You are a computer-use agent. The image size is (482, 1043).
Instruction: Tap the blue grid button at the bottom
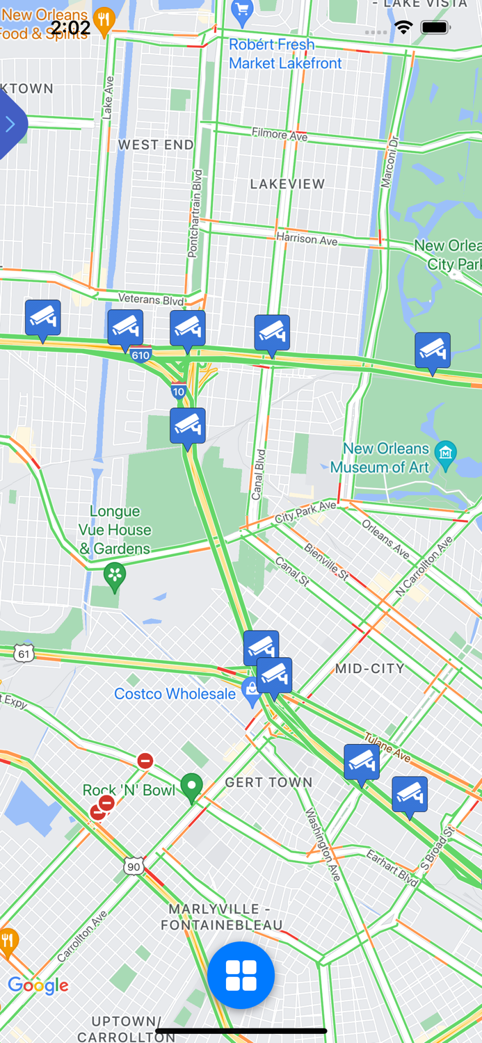pyautogui.click(x=241, y=975)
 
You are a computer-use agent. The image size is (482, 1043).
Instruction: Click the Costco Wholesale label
pyautogui.click(x=175, y=694)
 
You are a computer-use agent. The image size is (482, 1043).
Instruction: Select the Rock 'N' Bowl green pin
pyautogui.click(x=191, y=786)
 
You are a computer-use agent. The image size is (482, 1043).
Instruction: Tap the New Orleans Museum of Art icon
pyautogui.click(x=445, y=452)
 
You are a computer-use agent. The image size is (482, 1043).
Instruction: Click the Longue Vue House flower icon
pyautogui.click(x=115, y=575)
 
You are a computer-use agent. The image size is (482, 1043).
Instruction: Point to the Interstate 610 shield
pyautogui.click(x=140, y=355)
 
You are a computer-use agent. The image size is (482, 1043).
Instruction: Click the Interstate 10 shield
pyautogui.click(x=179, y=391)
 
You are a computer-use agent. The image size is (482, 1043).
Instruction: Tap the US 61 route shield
pyautogui.click(x=24, y=654)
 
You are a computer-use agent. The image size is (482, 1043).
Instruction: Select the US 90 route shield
pyautogui.click(x=134, y=866)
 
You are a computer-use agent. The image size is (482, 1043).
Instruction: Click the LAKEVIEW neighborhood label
pyautogui.click(x=287, y=184)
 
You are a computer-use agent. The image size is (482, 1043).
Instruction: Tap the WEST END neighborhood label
pyautogui.click(x=156, y=145)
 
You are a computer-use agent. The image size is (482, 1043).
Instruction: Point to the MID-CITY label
pyautogui.click(x=369, y=669)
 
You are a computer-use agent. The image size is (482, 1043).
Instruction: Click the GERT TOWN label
pyautogui.click(x=268, y=782)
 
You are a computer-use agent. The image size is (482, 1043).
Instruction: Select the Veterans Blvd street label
pyautogui.click(x=151, y=300)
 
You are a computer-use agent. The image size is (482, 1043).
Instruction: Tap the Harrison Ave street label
pyautogui.click(x=307, y=238)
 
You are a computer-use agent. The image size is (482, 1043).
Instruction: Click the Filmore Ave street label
pyautogui.click(x=280, y=134)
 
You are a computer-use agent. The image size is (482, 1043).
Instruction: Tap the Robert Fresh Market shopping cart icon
pyautogui.click(x=241, y=10)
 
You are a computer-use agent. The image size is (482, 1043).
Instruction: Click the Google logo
pyautogui.click(x=38, y=985)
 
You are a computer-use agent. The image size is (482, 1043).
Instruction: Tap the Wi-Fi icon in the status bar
pyautogui.click(x=403, y=27)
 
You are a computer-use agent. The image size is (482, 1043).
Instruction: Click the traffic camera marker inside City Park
pyautogui.click(x=432, y=351)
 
